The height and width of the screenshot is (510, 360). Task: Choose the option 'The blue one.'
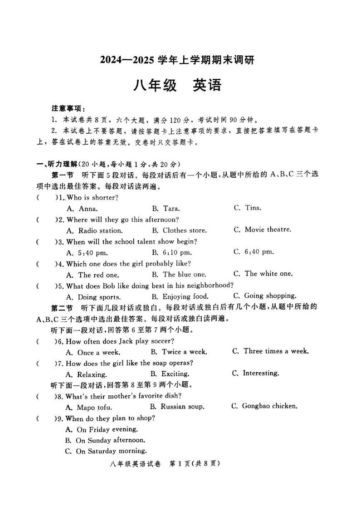click(x=179, y=274)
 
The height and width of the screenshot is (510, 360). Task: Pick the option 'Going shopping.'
click(x=265, y=296)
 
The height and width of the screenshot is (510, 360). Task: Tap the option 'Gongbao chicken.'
click(x=264, y=406)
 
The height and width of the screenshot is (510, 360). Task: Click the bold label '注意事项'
click(x=68, y=109)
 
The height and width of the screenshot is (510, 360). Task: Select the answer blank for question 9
click(x=45, y=418)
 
